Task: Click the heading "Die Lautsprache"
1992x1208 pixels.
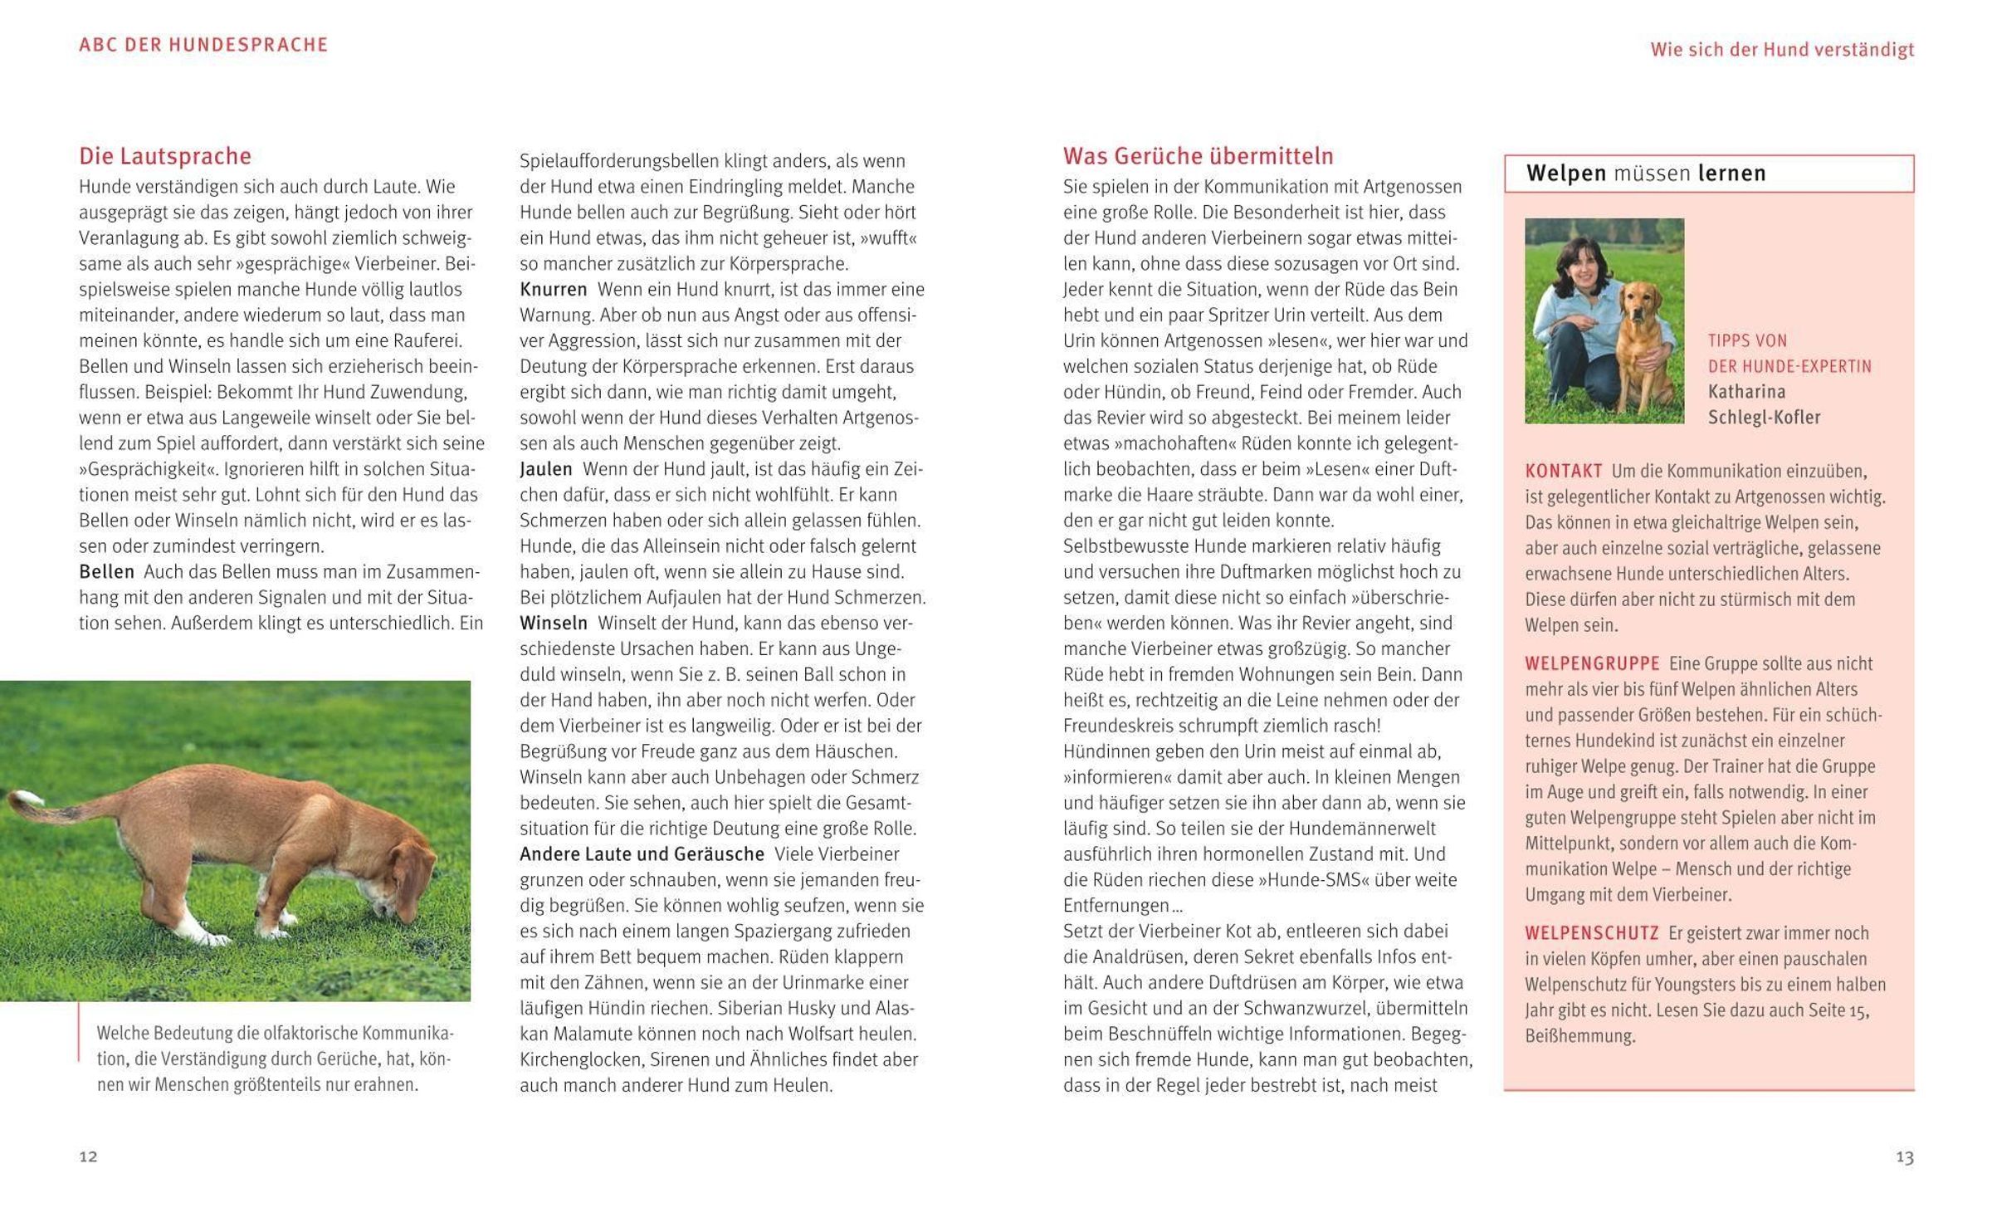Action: click(164, 156)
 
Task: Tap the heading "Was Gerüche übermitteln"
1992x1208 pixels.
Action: click(1198, 156)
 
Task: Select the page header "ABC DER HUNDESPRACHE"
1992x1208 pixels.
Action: click(203, 45)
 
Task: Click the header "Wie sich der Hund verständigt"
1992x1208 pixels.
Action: click(1781, 50)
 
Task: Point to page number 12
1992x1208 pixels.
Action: click(88, 1157)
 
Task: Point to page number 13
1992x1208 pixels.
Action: click(1904, 1157)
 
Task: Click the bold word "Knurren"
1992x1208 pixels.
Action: click(553, 290)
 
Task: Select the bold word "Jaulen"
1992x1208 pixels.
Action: click(545, 469)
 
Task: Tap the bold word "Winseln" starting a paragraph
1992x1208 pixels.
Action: click(553, 623)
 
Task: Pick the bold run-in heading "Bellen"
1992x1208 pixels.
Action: click(106, 572)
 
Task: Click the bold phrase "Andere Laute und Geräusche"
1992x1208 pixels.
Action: click(641, 853)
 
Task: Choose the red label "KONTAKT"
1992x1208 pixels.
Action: click(1563, 471)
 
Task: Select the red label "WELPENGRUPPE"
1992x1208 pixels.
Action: click(1591, 663)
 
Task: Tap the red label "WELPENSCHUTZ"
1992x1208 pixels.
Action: click(1591, 932)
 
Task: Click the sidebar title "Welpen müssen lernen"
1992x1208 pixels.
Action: click(1645, 174)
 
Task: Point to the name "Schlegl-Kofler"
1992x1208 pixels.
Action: click(1764, 417)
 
